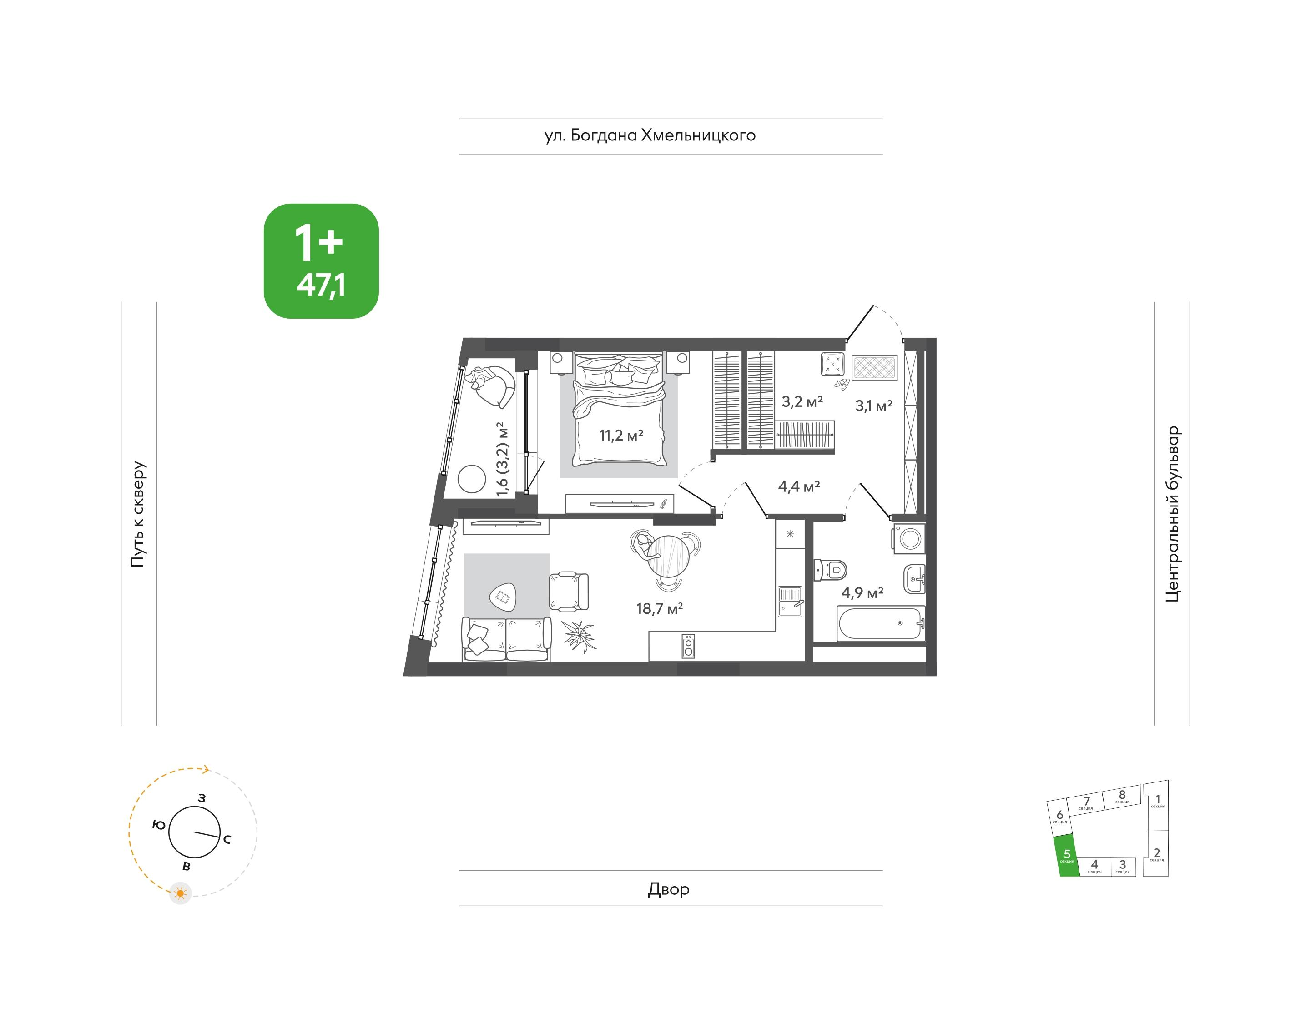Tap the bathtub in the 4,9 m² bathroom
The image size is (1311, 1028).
click(880, 623)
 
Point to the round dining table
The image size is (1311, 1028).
click(668, 557)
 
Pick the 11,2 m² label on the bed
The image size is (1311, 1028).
click(621, 435)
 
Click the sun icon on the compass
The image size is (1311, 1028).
click(181, 893)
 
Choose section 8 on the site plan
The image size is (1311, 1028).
click(1122, 797)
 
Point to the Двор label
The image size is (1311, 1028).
click(668, 889)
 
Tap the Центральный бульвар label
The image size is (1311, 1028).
click(1173, 514)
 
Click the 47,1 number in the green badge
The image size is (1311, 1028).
click(321, 285)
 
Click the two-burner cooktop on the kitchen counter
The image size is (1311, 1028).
click(688, 647)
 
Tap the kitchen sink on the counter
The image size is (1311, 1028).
click(790, 602)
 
